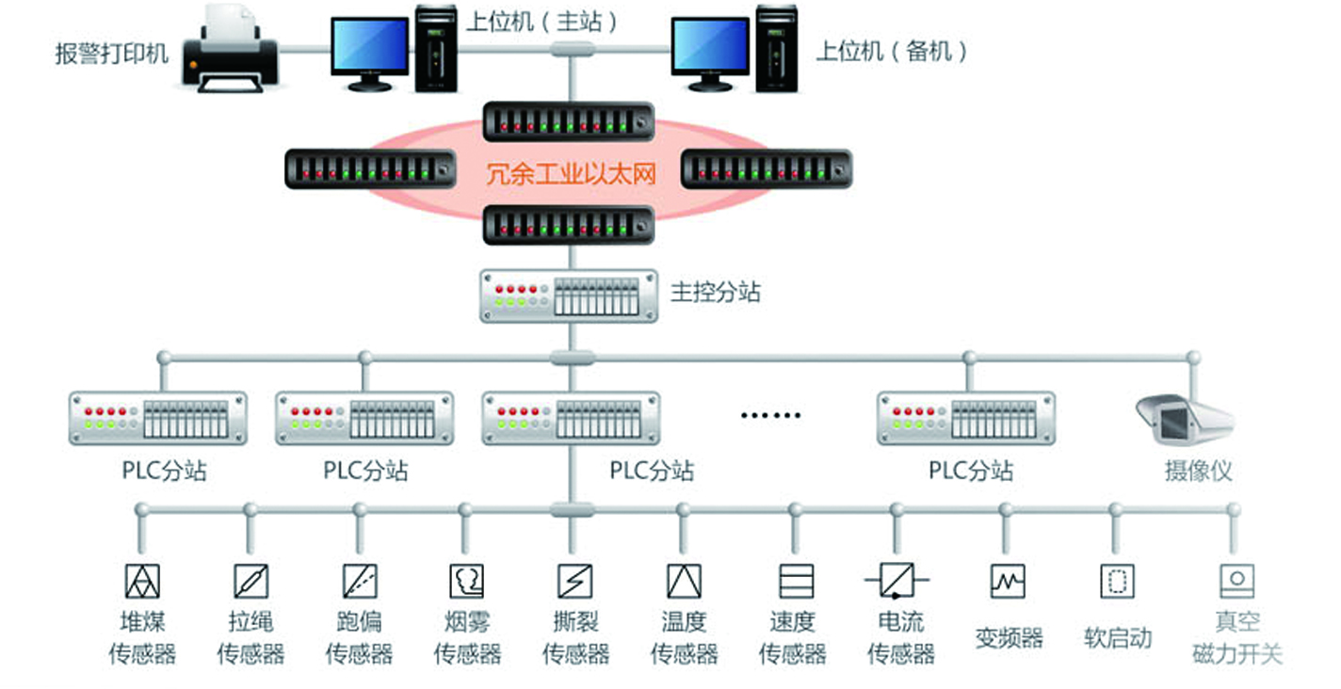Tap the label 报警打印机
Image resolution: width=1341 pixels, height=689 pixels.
click(112, 53)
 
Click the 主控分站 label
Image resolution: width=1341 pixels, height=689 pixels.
click(716, 292)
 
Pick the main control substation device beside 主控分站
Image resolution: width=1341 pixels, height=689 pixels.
click(568, 296)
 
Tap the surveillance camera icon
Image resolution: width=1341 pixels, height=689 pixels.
click(1184, 420)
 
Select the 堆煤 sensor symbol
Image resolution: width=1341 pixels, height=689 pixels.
click(142, 581)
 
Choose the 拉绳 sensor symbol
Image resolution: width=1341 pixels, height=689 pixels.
click(250, 581)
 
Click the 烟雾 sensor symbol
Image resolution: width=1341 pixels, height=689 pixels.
click(467, 581)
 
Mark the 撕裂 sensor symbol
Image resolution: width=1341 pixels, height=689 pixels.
click(574, 581)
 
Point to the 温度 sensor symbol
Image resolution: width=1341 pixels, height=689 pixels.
click(684, 581)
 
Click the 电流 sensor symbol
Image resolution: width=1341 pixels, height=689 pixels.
click(897, 581)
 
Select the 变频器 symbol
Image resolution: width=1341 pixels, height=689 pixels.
click(1008, 581)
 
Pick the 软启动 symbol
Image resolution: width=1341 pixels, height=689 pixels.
click(1117, 581)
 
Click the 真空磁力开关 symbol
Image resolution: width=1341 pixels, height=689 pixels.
click(1236, 581)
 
